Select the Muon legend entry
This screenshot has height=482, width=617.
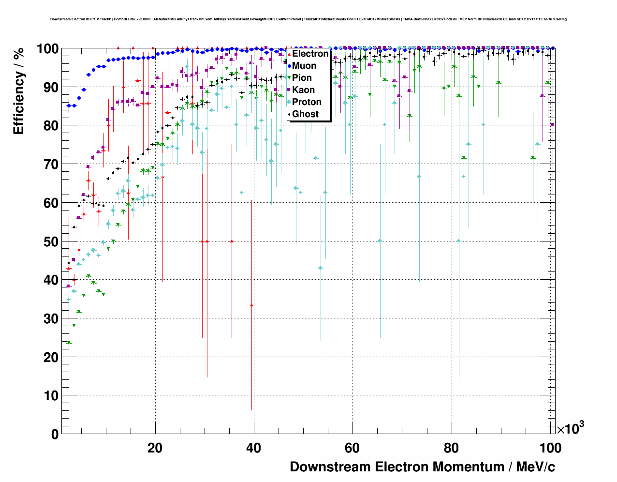[304, 66]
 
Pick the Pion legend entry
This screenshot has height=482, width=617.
[302, 78]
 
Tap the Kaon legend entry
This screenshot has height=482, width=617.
[303, 90]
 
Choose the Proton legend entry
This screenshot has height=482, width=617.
[307, 102]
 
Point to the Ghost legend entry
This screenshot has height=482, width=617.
[305, 114]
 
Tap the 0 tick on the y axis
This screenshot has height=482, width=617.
[55, 434]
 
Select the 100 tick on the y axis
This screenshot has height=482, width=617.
[48, 49]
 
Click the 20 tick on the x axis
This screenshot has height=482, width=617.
[155, 448]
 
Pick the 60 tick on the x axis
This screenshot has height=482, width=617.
[353, 448]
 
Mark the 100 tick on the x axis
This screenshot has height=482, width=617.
[550, 448]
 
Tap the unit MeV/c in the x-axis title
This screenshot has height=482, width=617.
[535, 467]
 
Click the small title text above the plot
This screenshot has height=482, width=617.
[308, 19]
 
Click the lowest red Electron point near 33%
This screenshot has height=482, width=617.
[251, 305]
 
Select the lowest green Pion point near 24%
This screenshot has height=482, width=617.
[69, 343]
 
